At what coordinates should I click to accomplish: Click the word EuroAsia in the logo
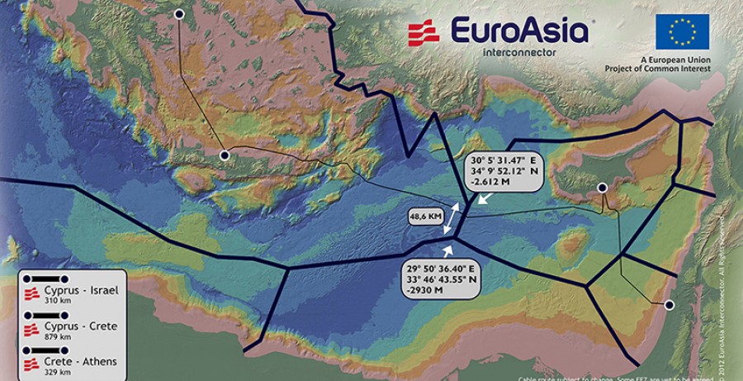pyautogui.click(x=519, y=31)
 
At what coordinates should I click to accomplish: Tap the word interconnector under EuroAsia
pyautogui.click(x=518, y=51)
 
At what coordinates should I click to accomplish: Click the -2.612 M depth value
pyautogui.click(x=488, y=186)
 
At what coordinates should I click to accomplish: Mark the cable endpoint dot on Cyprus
pyautogui.click(x=603, y=188)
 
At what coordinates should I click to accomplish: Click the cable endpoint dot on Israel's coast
pyautogui.click(x=670, y=305)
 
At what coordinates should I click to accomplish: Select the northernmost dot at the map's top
pyautogui.click(x=180, y=13)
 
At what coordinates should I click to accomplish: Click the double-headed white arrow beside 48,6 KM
pyautogui.click(x=450, y=218)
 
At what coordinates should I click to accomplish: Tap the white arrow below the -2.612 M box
pyautogui.click(x=485, y=199)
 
